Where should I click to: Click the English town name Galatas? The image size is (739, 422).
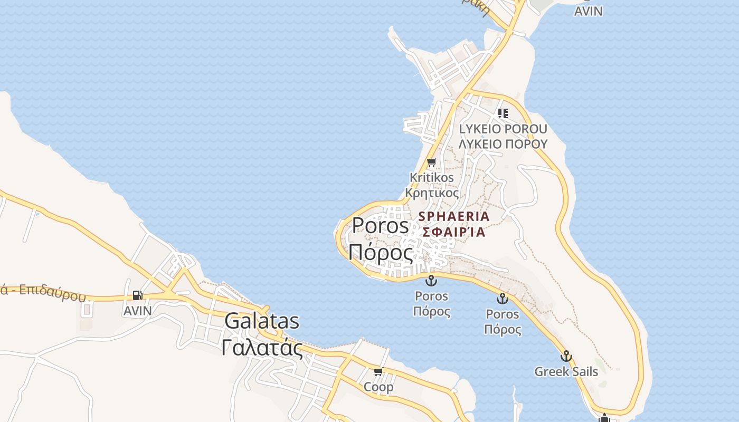(262, 321)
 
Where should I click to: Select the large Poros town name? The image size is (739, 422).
(380, 226)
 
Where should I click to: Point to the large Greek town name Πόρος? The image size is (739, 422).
(380, 254)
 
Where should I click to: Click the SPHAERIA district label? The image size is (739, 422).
(454, 216)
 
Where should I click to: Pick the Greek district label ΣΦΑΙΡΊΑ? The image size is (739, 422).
(454, 232)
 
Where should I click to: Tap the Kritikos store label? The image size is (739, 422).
(432, 177)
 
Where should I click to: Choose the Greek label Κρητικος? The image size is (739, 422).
(432, 193)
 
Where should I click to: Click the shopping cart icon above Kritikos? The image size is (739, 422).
(432, 162)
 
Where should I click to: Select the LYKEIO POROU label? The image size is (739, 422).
(503, 129)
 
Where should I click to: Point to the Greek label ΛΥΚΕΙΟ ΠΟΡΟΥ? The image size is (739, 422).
(503, 143)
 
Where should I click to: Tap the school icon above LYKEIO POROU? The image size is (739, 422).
(503, 113)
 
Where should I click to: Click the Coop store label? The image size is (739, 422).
(378, 387)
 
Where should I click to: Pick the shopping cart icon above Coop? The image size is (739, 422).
(378, 372)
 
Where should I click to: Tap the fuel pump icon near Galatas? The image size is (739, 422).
(137, 295)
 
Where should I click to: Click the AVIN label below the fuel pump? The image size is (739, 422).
(137, 311)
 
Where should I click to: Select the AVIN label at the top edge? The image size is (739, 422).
(588, 11)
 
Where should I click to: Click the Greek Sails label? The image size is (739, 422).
(566, 371)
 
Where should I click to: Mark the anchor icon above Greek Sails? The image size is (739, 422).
(566, 356)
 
